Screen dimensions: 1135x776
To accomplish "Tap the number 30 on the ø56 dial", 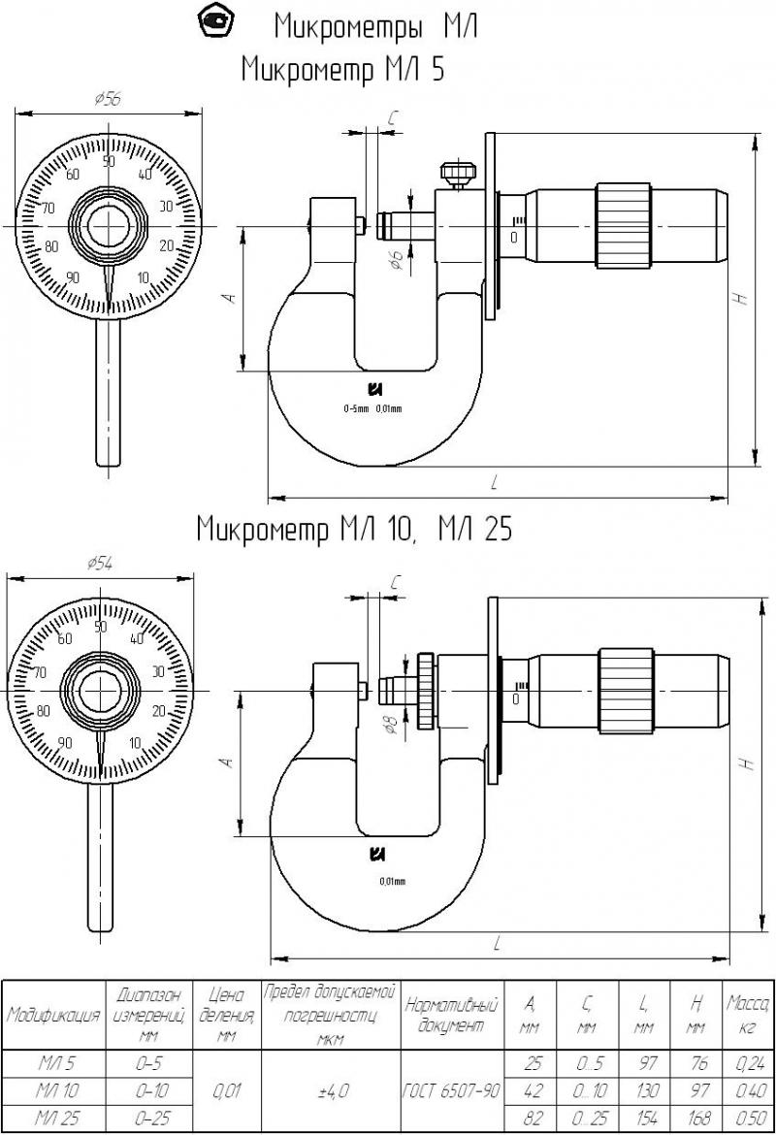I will pyautogui.click(x=166, y=206).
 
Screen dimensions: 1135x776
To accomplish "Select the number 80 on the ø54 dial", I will pyautogui.click(x=42, y=710).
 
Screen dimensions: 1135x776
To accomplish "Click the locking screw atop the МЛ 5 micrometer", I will pyautogui.click(x=457, y=176).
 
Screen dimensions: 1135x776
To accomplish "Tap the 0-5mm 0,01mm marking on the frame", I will pyautogui.click(x=372, y=408).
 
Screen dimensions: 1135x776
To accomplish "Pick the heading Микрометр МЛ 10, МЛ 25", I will pyautogui.click(x=353, y=529).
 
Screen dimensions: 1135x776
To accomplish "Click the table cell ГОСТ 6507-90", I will pyautogui.click(x=452, y=1090).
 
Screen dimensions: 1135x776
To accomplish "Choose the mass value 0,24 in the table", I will pyautogui.click(x=746, y=1063).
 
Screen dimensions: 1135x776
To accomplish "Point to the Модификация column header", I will pyautogui.click(x=53, y=1015).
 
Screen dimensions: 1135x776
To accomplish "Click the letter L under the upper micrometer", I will pyautogui.click(x=496, y=481).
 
